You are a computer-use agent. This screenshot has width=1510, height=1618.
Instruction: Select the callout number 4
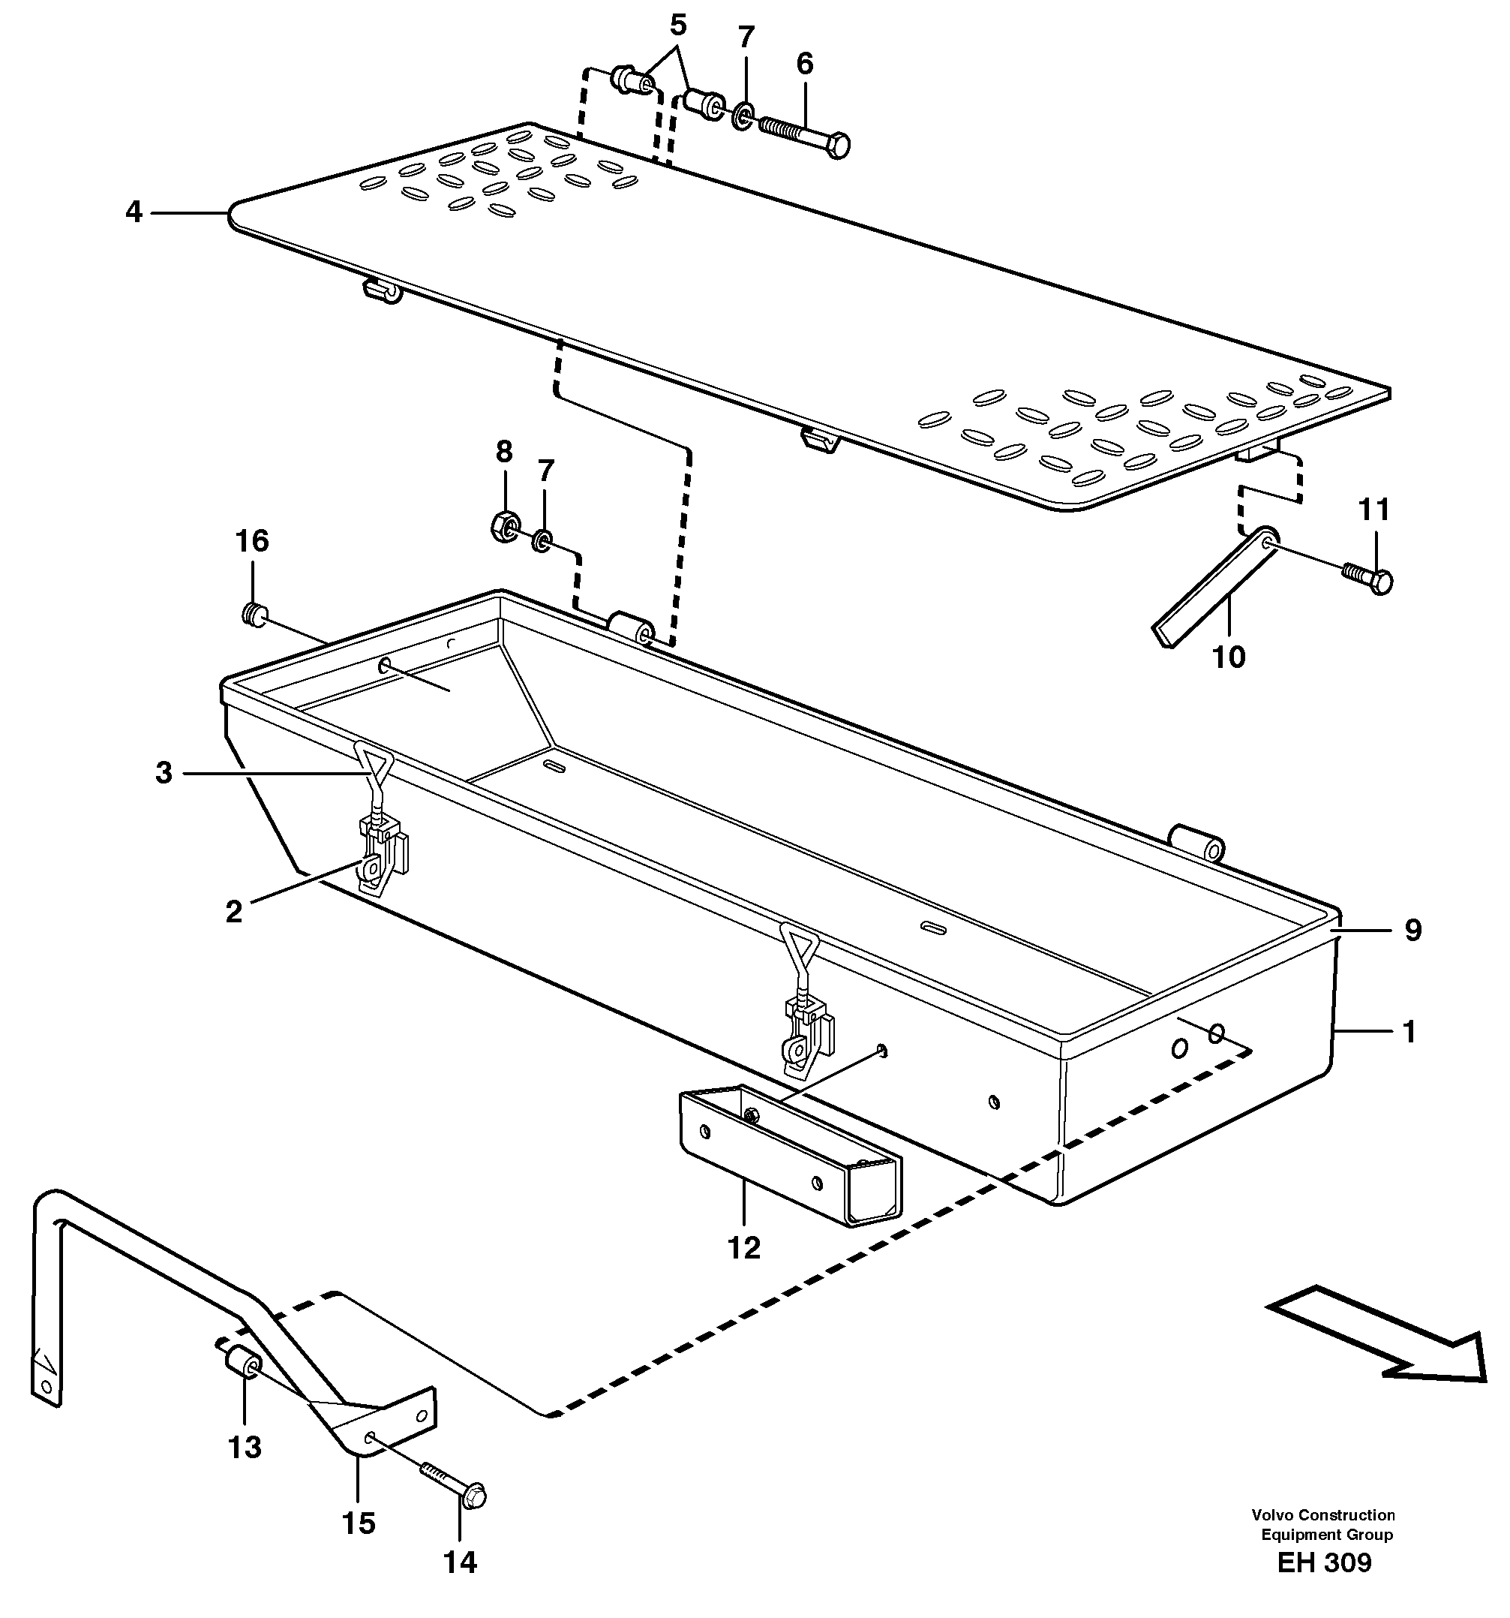134,212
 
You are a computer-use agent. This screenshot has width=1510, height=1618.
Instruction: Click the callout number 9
1412,930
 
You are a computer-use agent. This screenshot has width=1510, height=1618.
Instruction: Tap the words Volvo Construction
1323,1514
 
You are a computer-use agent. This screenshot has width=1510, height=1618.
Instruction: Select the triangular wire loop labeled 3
374,769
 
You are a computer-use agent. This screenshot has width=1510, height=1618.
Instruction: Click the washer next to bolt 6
742,116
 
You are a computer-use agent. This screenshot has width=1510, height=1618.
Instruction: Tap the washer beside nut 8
542,540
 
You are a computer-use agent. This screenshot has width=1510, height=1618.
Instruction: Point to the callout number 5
677,26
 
